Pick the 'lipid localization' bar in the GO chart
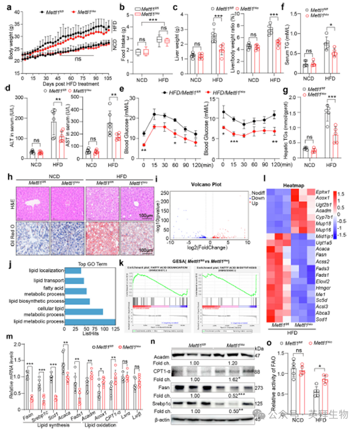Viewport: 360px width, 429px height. (x=73, y=271)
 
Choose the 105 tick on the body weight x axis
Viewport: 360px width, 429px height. (x=110, y=79)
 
